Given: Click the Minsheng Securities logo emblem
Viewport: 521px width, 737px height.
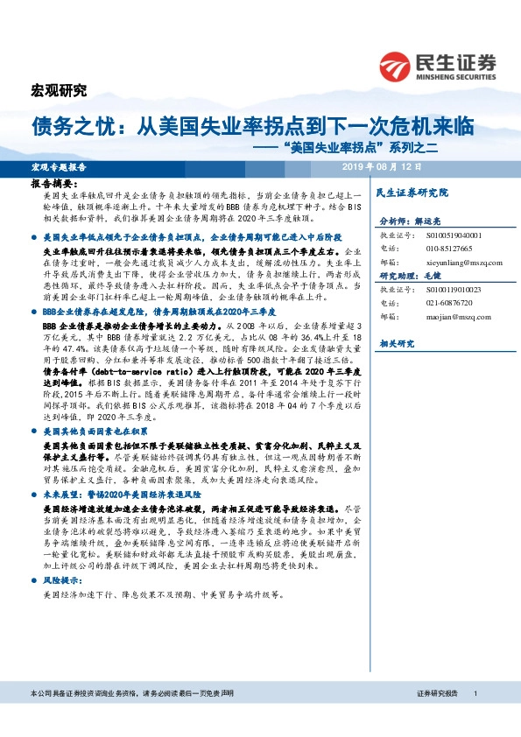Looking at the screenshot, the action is click(x=397, y=66).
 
